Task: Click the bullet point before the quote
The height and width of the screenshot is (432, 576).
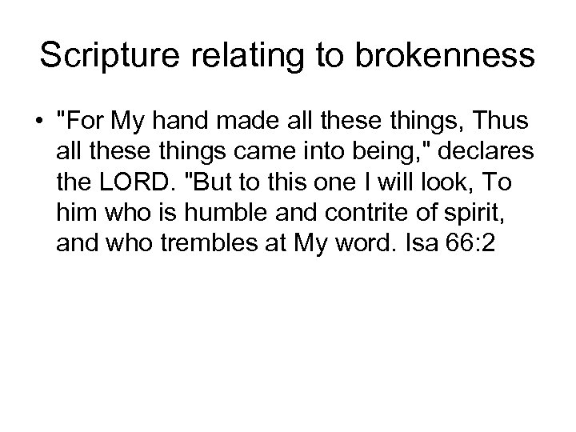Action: point(40,123)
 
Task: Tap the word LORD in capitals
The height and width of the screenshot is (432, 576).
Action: point(134,183)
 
